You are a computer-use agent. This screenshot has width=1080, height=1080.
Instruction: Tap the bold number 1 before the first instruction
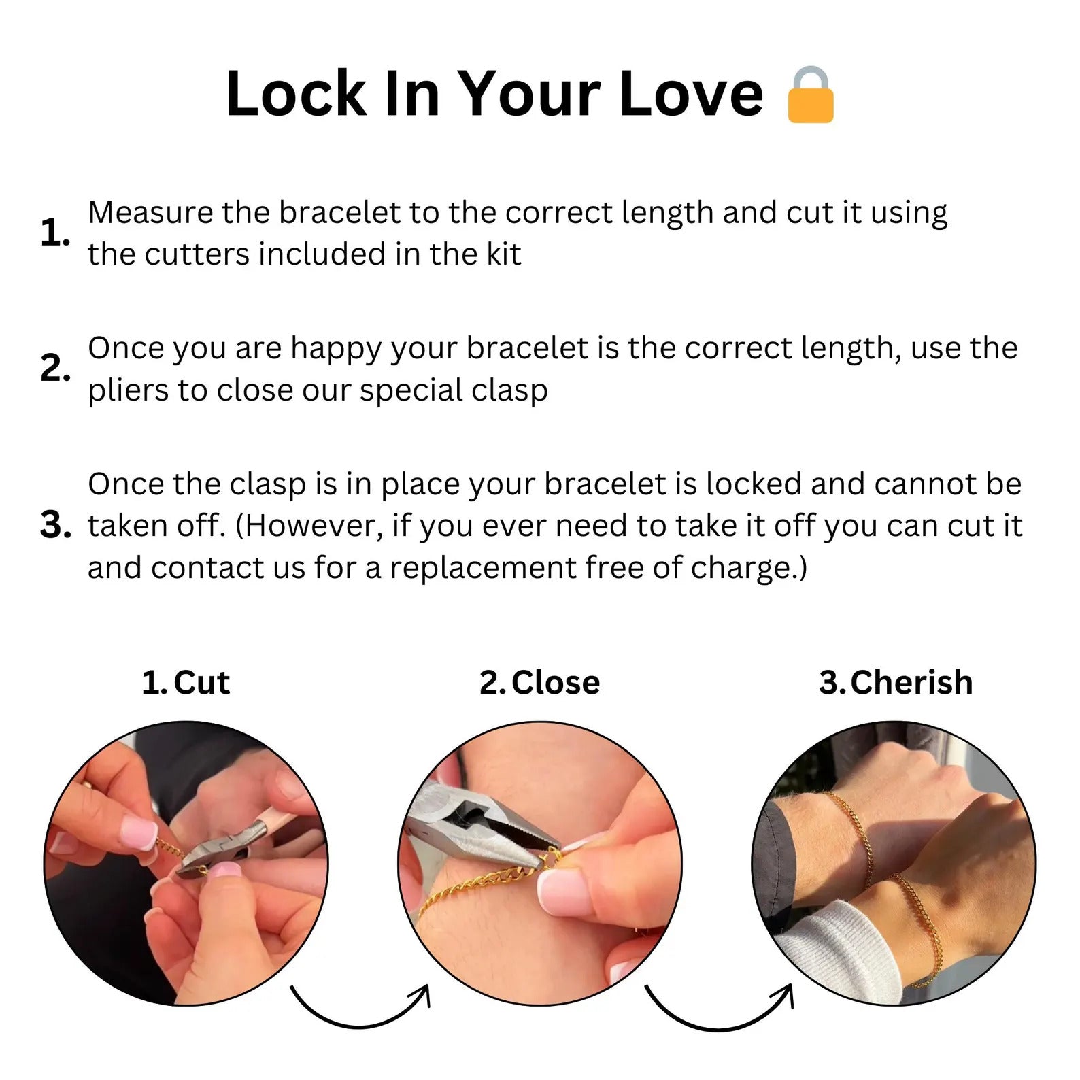[x=55, y=233]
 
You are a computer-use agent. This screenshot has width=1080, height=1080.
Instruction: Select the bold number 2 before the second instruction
[x=55, y=368]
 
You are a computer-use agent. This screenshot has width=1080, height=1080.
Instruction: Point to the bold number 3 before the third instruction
[x=55, y=525]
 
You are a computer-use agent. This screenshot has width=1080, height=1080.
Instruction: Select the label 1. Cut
[x=186, y=682]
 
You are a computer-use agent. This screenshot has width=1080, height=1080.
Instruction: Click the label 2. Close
[x=539, y=682]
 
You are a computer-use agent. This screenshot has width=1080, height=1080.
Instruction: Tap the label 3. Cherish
[x=896, y=682]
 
